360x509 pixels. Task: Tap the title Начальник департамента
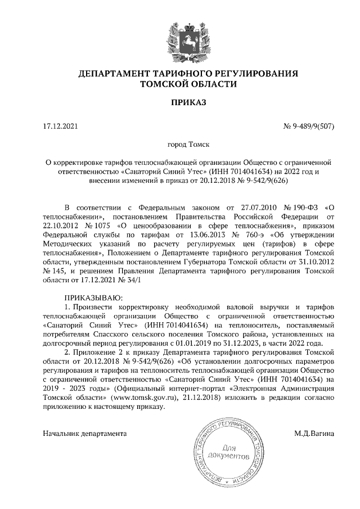pos(84,434)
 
